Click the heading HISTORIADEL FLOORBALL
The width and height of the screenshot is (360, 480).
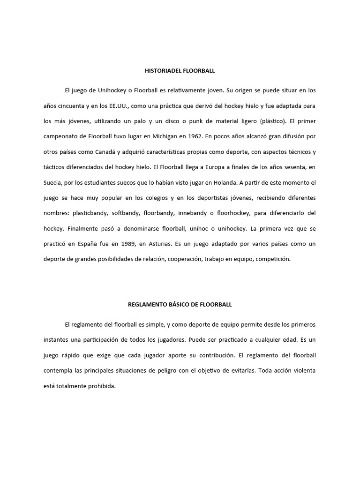pos(180,71)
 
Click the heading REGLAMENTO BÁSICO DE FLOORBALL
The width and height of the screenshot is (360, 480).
pos(180,304)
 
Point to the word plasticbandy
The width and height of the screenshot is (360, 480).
pos(90,213)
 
